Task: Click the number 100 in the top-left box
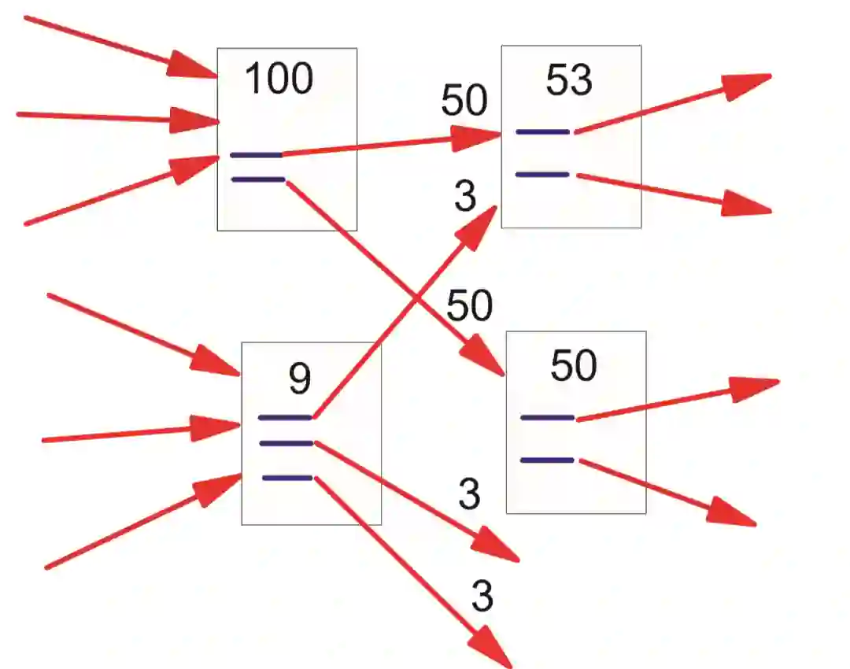(x=279, y=79)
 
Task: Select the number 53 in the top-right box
(x=569, y=80)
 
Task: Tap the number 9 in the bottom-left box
(x=300, y=379)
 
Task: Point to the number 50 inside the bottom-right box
(x=574, y=366)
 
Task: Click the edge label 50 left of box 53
(x=464, y=101)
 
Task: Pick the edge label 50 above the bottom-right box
(x=470, y=305)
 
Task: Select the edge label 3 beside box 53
(x=466, y=198)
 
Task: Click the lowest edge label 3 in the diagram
(x=482, y=597)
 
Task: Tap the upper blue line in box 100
(x=256, y=155)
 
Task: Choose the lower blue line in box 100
(x=258, y=179)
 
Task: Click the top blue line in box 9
(x=285, y=417)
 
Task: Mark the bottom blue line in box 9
(x=287, y=478)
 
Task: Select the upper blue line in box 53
(x=542, y=131)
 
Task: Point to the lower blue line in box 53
(x=542, y=174)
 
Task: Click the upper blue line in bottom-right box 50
(x=547, y=417)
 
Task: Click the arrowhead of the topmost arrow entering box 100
(x=193, y=66)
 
